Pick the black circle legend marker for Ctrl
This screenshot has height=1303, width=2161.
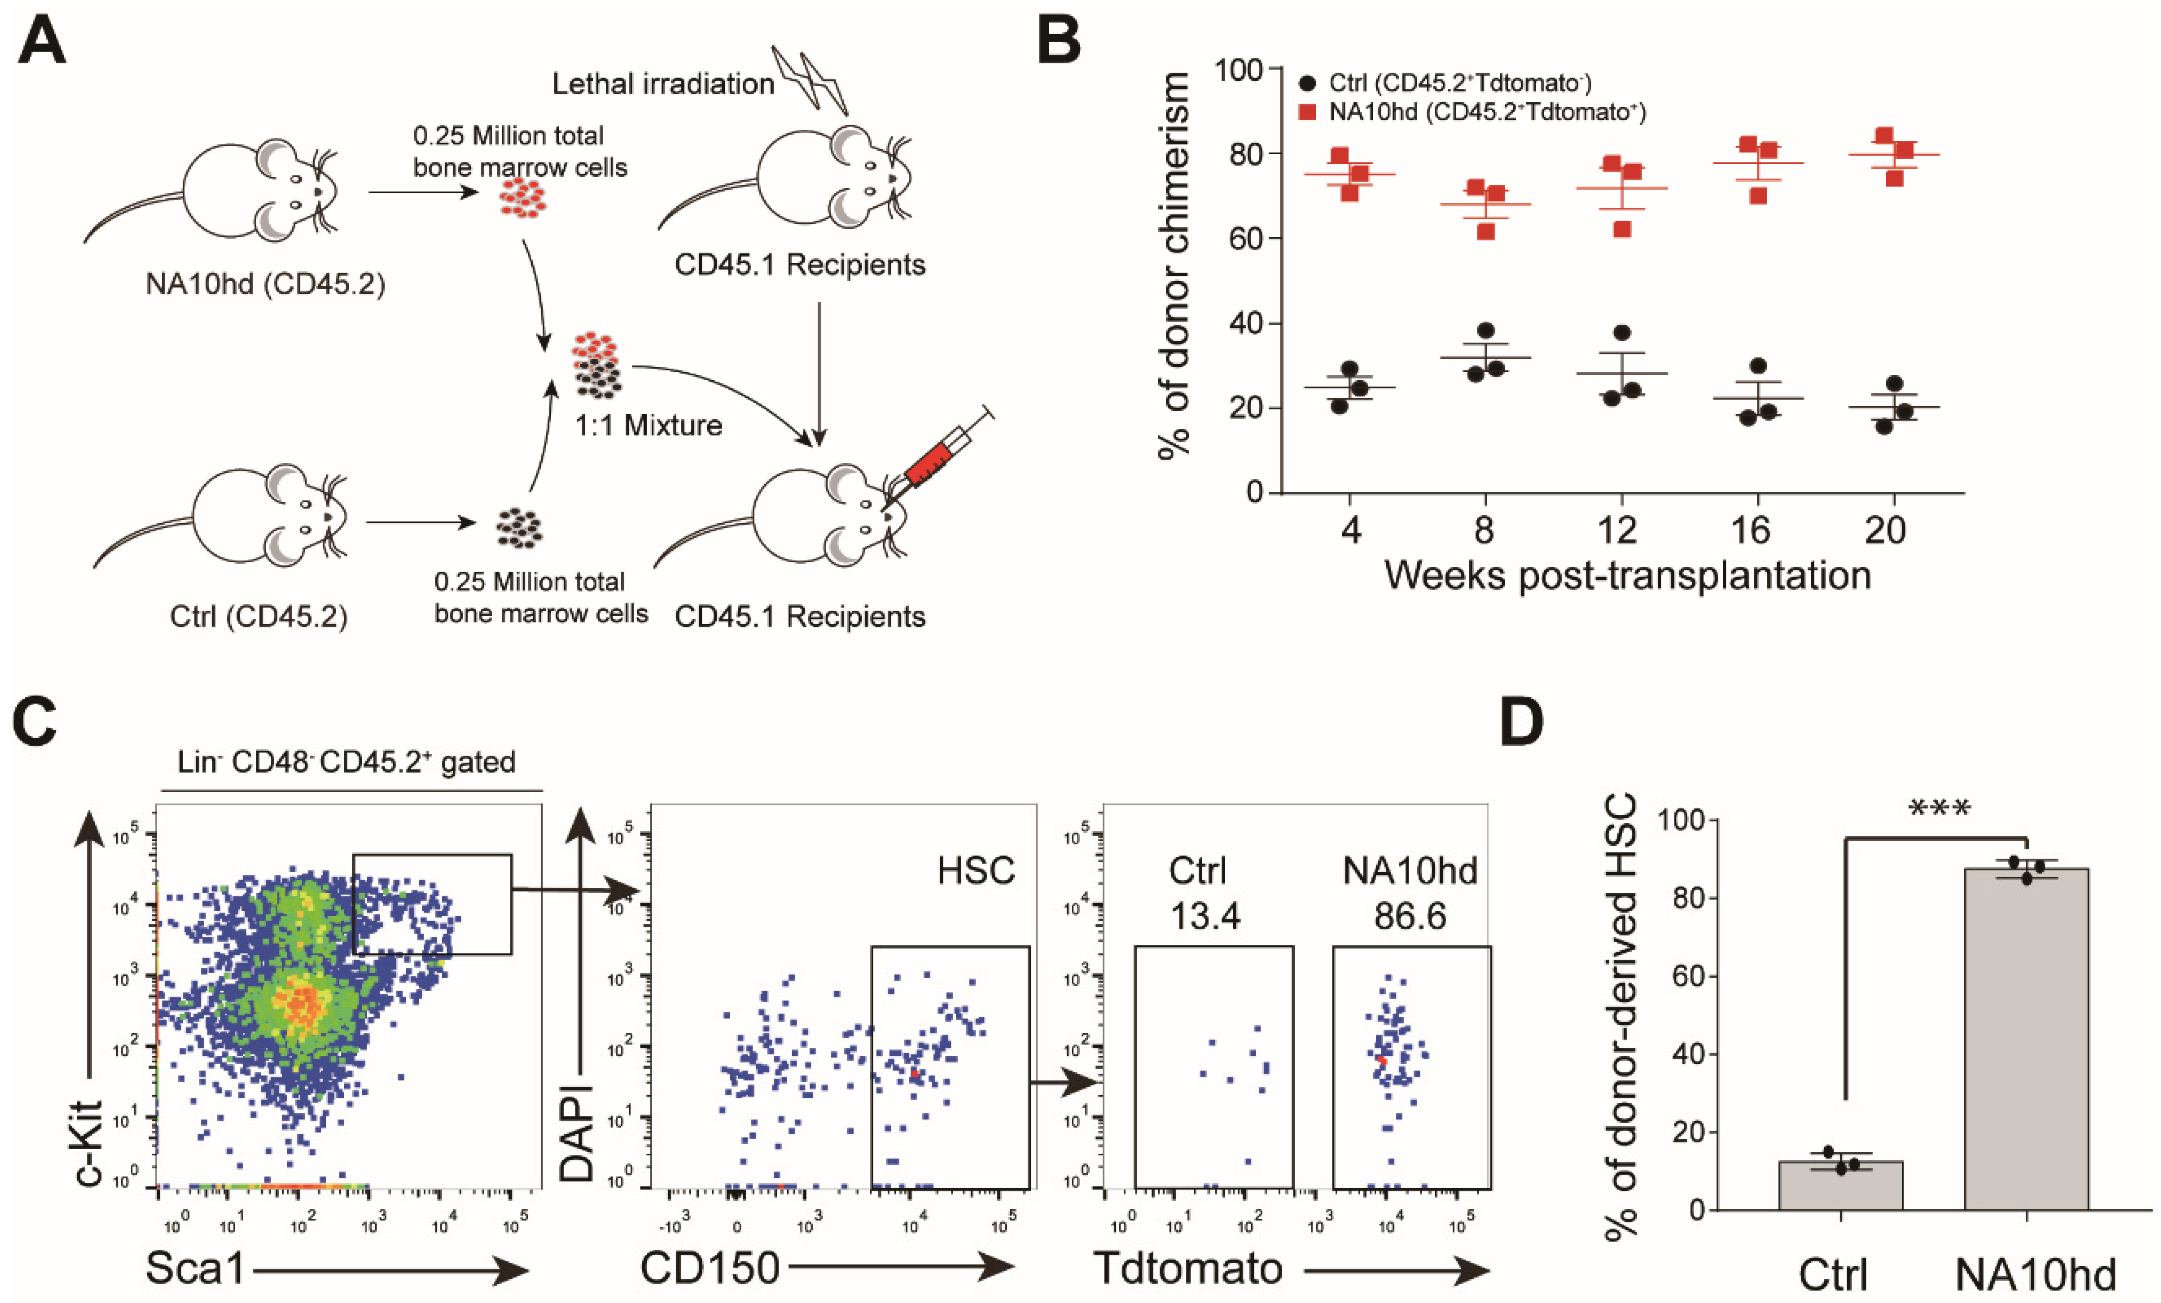point(1307,83)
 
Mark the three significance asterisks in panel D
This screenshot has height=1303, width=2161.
point(1939,809)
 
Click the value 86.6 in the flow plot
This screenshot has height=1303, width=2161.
point(1410,917)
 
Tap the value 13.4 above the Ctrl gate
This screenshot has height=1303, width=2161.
point(1205,917)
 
